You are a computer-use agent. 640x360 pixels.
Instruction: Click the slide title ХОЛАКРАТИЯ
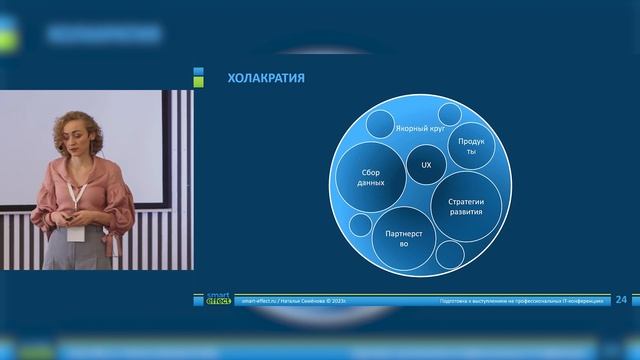pos(266,78)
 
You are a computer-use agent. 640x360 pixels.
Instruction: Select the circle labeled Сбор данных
pos(371,178)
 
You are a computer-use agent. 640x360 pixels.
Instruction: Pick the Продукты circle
pos(472,145)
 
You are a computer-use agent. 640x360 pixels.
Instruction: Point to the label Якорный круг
pos(419,130)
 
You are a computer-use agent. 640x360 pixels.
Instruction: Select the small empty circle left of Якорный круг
pos(380,124)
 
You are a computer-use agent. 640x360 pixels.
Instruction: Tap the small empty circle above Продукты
pos(449,113)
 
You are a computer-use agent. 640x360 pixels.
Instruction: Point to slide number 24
pos(620,299)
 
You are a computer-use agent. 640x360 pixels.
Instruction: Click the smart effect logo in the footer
pos(218,298)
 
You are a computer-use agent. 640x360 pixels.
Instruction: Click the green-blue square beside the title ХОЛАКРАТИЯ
pos(198,77)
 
